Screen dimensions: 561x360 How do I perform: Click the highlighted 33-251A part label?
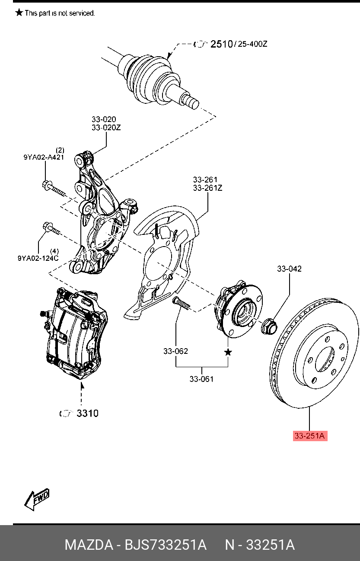[x=309, y=436]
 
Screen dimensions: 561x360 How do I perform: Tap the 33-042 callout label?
[x=289, y=269]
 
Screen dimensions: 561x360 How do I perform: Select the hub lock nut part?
[x=269, y=325]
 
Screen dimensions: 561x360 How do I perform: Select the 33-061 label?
[x=201, y=379]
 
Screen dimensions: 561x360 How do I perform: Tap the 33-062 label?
[x=175, y=351]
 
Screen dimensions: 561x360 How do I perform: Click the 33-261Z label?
[x=207, y=188]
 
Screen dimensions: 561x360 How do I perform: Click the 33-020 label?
[x=103, y=119]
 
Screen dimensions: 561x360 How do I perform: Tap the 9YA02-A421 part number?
[x=44, y=157]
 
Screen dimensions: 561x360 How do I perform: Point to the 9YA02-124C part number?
[x=38, y=258]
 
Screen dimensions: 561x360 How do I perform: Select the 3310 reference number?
[x=87, y=414]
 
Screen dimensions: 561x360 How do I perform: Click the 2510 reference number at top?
[x=221, y=44]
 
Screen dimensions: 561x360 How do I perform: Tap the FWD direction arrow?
[x=37, y=499]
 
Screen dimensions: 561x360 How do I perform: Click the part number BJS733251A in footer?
[x=166, y=545]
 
